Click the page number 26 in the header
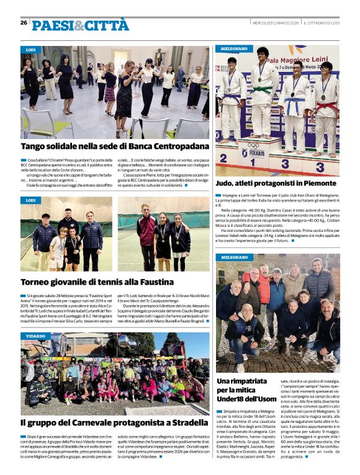[x=24, y=23]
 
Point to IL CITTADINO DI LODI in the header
[x=322, y=23]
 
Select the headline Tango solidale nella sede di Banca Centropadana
[x=115, y=147]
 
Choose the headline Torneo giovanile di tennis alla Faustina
[x=97, y=282]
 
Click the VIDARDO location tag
[x=36, y=335]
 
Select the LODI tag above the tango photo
[x=30, y=49]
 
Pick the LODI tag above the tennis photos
[x=30, y=200]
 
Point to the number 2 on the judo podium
[x=224, y=158]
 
